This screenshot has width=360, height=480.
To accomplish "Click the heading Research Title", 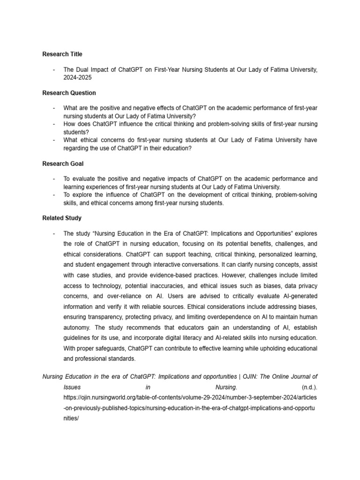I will [62, 54].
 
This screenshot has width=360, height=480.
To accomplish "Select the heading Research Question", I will [69, 93].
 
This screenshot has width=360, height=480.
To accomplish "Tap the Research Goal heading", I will [63, 164].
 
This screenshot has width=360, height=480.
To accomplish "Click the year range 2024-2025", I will [77, 77].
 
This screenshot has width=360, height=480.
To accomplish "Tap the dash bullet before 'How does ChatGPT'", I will [54, 124].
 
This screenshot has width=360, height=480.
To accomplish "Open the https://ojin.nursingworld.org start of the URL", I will [103, 398].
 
